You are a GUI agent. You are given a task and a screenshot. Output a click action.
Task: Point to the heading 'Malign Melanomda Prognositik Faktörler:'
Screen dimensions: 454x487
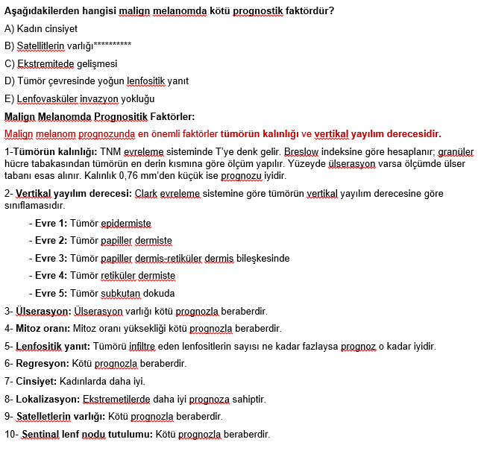tap(99, 116)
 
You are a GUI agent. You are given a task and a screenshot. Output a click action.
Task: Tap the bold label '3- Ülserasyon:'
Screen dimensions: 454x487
tap(37, 311)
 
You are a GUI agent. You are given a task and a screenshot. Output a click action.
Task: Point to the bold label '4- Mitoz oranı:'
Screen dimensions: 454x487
tap(37, 328)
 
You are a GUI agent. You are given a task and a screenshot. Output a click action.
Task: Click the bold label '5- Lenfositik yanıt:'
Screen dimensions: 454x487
tap(48, 346)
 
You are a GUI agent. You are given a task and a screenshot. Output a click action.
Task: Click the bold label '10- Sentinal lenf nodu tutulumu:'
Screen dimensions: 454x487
tap(78, 434)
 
